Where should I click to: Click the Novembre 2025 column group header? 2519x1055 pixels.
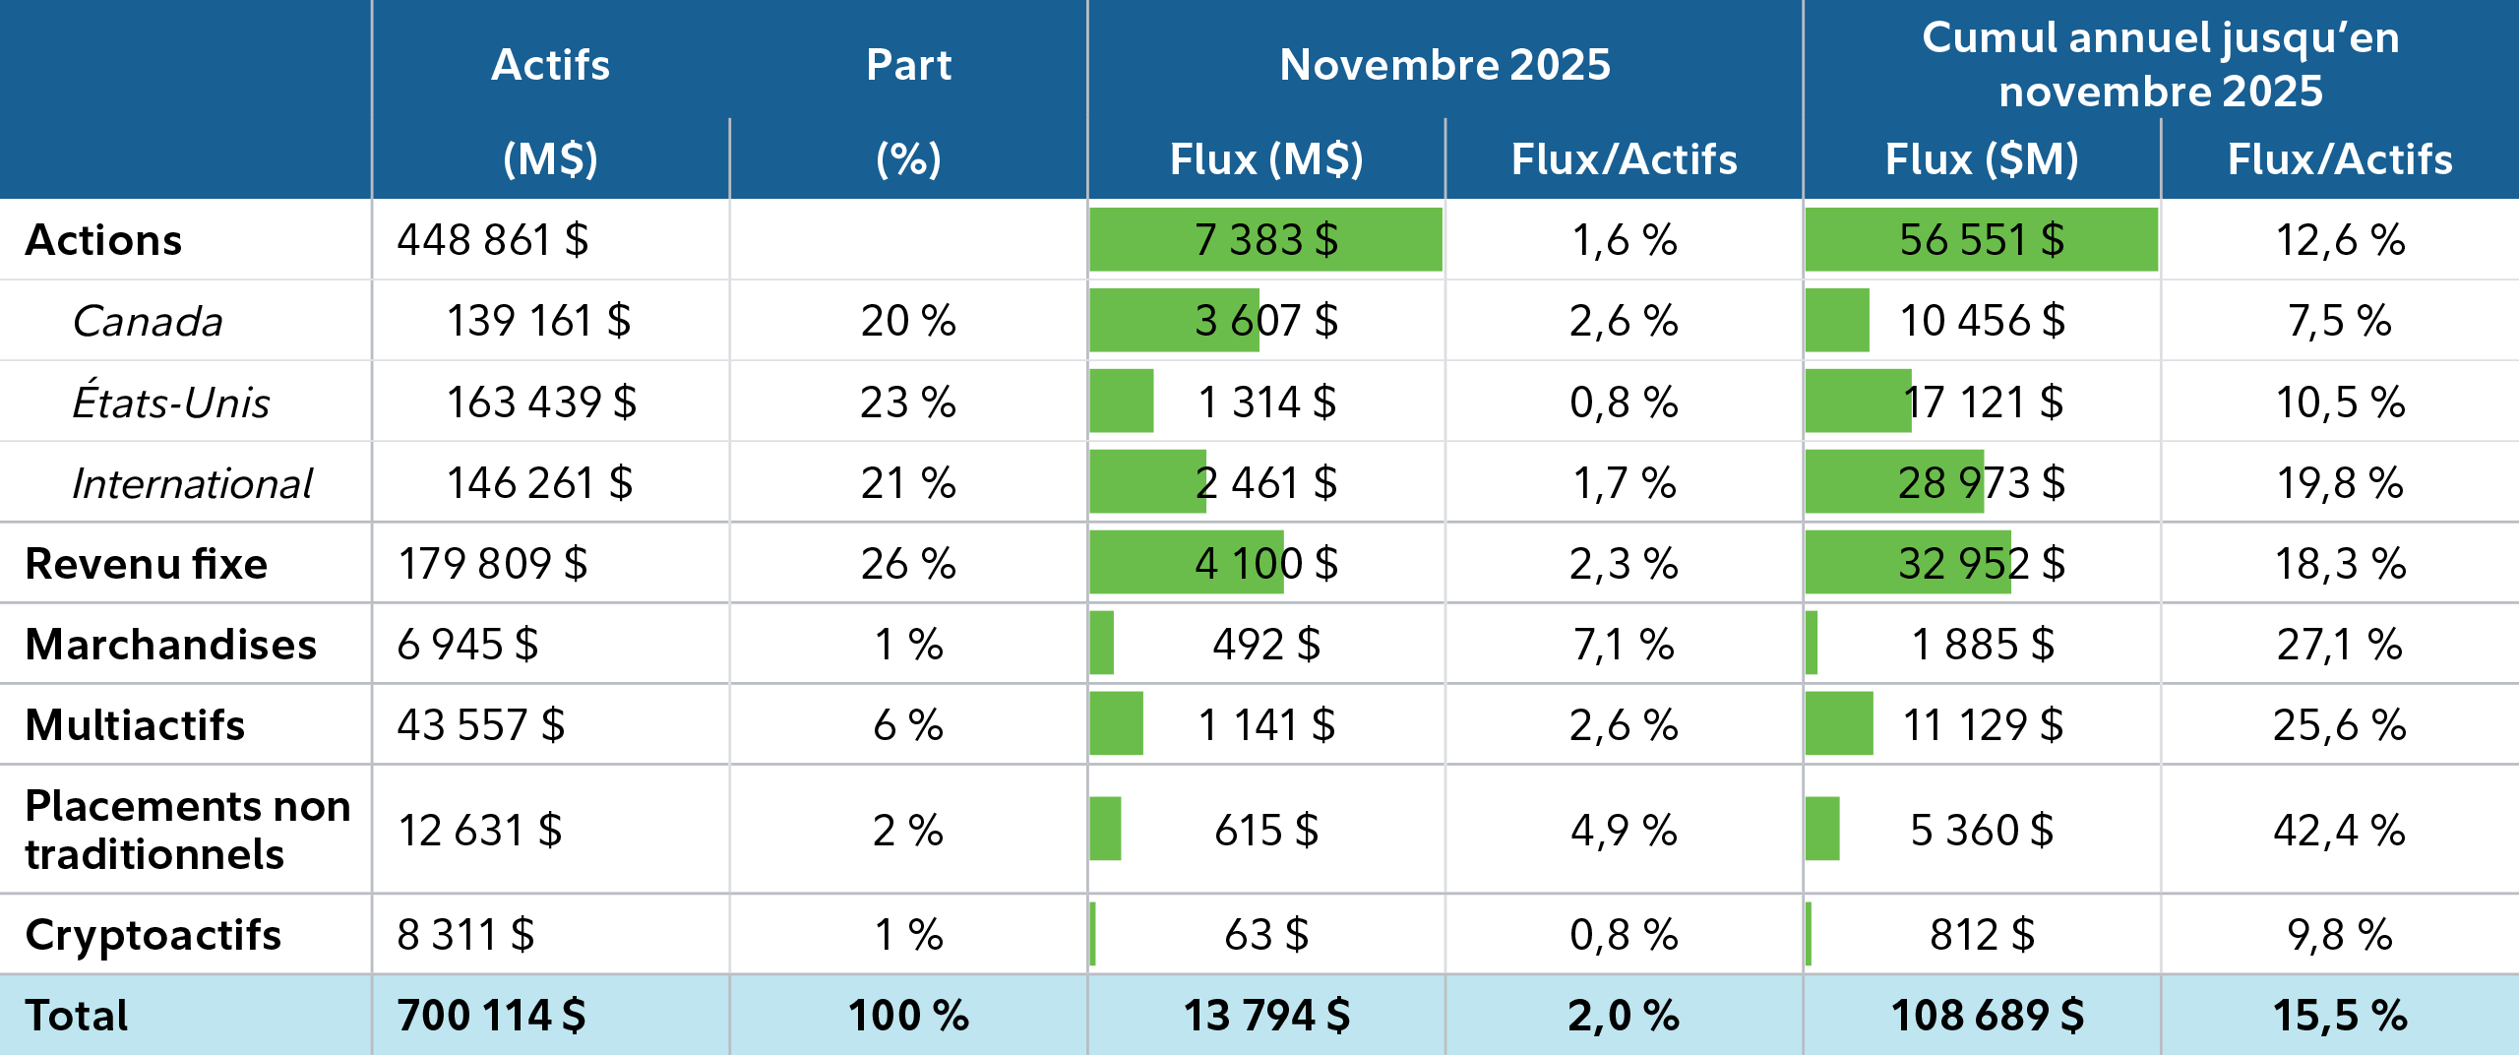point(1444,65)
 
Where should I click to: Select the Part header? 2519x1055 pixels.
point(908,65)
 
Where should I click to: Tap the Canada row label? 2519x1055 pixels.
point(148,321)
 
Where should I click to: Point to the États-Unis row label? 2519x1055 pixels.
point(170,402)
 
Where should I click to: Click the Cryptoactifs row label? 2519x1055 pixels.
point(154,934)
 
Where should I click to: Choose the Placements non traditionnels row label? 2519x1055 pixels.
point(187,829)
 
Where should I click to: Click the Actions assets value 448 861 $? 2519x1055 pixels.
point(492,240)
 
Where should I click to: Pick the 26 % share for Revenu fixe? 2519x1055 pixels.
point(908,564)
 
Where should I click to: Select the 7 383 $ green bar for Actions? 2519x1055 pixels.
point(1265,239)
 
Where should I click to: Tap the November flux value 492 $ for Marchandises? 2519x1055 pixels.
point(1265,645)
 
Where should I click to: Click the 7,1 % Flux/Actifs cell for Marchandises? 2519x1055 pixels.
point(1624,645)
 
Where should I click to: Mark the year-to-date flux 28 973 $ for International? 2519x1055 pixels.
point(1981,483)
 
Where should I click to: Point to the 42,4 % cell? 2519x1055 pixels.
point(2339,830)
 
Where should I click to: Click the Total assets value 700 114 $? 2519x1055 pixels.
point(491,1015)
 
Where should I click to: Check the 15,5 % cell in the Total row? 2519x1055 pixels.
point(2339,1015)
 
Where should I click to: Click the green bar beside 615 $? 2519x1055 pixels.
point(1105,829)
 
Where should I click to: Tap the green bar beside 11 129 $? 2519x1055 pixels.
point(1839,723)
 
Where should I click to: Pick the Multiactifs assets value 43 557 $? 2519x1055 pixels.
point(480,725)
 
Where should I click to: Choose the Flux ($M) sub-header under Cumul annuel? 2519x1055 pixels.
point(1981,158)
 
